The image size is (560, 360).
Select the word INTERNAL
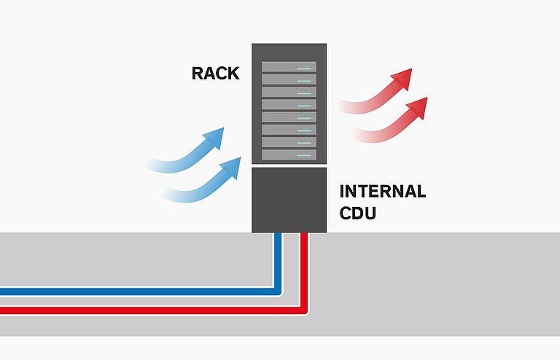coord(382,192)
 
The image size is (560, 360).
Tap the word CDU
coord(358,216)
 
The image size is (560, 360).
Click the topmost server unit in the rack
coord(289,66)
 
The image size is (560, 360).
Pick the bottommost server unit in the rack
coord(289,155)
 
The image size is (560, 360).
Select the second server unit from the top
coord(289,79)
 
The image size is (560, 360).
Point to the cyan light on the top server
coord(305,67)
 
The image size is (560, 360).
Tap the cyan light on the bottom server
coord(305,155)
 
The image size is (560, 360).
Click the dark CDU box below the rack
coord(289,200)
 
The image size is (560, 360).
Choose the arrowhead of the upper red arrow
coord(401,79)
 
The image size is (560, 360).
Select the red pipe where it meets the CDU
coord(304,236)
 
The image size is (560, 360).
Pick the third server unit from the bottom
coord(289,130)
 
